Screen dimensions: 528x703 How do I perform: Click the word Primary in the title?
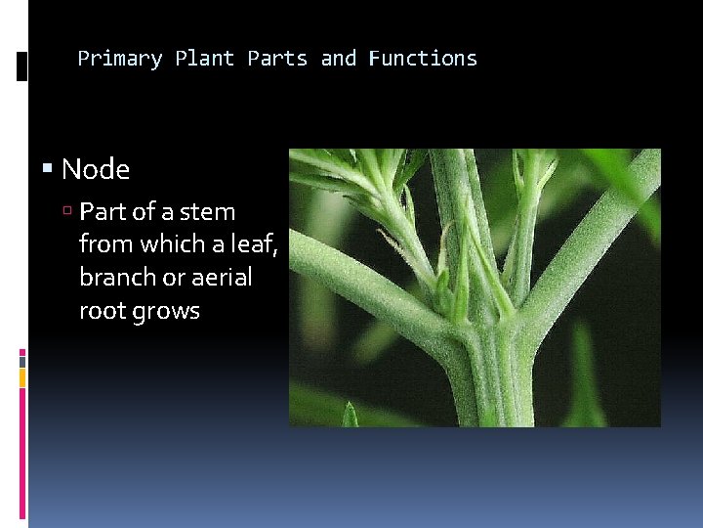coord(119,59)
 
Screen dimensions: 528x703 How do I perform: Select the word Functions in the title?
coord(423,59)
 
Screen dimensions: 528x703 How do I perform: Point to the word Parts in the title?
coord(277,59)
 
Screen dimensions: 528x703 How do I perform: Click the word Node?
coord(96,170)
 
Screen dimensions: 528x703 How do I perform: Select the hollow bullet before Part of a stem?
coord(68,212)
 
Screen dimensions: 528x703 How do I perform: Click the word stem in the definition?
coord(209,212)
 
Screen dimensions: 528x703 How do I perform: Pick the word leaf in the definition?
coord(256,244)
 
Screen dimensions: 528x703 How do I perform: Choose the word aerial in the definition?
coord(220,278)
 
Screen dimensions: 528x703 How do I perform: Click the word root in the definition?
coord(101,311)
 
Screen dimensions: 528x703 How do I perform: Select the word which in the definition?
coord(168,244)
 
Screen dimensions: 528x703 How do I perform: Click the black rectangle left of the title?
coord(22,66)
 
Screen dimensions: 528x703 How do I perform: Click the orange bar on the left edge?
coord(22,375)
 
